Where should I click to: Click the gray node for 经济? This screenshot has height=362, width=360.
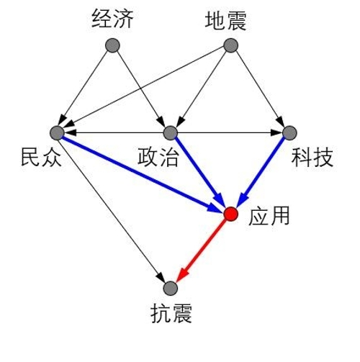coord(112,45)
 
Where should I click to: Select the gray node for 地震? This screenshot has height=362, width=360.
coord(230,45)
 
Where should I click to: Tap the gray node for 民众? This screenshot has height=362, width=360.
coord(57,132)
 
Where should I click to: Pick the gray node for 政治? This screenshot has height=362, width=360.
coord(170,132)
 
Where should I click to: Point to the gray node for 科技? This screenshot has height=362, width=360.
coord(289,132)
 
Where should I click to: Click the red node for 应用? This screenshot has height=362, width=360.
coord(231,214)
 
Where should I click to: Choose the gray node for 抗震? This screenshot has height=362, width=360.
coord(170,288)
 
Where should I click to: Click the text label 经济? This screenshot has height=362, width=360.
coord(112,19)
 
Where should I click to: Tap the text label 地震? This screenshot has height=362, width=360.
coord(225,21)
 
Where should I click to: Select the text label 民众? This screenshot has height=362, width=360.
coord(41,157)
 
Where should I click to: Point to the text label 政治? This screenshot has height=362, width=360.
coord(158,157)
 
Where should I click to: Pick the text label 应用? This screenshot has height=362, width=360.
coord(269,216)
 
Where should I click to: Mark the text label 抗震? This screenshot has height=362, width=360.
coord(171,313)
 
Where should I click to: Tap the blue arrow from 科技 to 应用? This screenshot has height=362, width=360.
coord(261,172)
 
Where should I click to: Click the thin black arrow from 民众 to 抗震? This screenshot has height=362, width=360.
coord(112,209)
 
